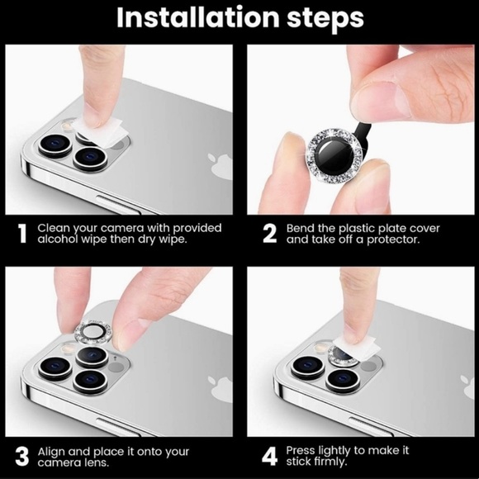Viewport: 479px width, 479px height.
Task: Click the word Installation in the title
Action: coord(197,17)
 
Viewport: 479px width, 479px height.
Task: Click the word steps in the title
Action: coord(325,19)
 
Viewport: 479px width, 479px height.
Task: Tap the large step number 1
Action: coord(22,234)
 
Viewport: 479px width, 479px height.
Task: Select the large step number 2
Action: coord(269,234)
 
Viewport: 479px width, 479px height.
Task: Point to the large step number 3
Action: coord(22,457)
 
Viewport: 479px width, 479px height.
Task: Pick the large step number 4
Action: coord(270,457)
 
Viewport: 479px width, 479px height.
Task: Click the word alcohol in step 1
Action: coord(58,239)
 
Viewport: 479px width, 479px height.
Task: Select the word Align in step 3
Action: coord(52,452)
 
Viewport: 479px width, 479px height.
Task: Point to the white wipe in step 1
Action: coord(100,131)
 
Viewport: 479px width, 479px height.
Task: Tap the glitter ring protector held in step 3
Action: coord(93,332)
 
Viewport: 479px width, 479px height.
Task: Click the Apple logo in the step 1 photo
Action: coord(220,167)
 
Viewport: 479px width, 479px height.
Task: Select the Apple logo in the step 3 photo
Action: coord(220,389)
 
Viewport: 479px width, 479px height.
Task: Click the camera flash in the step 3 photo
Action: coord(68,348)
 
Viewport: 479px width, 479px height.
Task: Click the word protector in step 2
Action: coord(393,239)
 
